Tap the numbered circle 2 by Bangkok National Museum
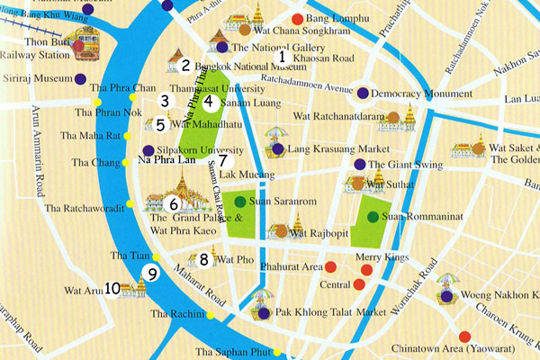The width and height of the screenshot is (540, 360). (x=185, y=65)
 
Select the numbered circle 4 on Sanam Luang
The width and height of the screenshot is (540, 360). (x=208, y=102)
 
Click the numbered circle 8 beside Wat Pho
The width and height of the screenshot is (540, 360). (x=204, y=260)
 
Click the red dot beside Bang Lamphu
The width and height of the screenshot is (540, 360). (x=298, y=19)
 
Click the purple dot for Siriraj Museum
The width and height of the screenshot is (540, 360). (x=83, y=79)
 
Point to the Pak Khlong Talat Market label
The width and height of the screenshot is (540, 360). (x=325, y=314)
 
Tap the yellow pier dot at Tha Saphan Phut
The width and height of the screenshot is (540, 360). (x=277, y=351)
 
